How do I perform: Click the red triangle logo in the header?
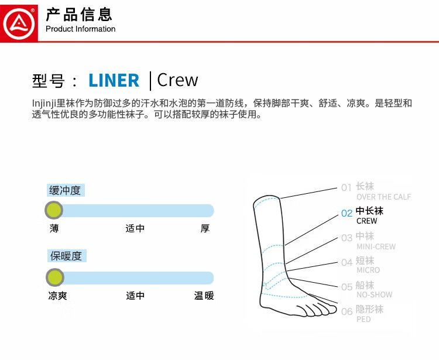19,23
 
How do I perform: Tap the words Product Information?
80,29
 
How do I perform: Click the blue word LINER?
114,80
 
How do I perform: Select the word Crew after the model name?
177,80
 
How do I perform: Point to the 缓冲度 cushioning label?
65,190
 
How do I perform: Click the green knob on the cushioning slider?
54,210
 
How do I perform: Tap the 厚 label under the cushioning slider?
205,228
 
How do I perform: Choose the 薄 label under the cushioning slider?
54,228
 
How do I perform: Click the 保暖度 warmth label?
67,256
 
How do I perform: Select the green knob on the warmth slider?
55,277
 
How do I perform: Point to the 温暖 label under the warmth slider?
204,296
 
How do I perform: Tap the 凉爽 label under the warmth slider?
58,296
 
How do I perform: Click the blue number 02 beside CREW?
347,213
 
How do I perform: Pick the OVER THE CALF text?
383,197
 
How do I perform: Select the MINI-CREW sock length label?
376,246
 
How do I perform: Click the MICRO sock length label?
368,270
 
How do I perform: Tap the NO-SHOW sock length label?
375,294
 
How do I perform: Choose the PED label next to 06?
363,319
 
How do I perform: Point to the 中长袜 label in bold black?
369,211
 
